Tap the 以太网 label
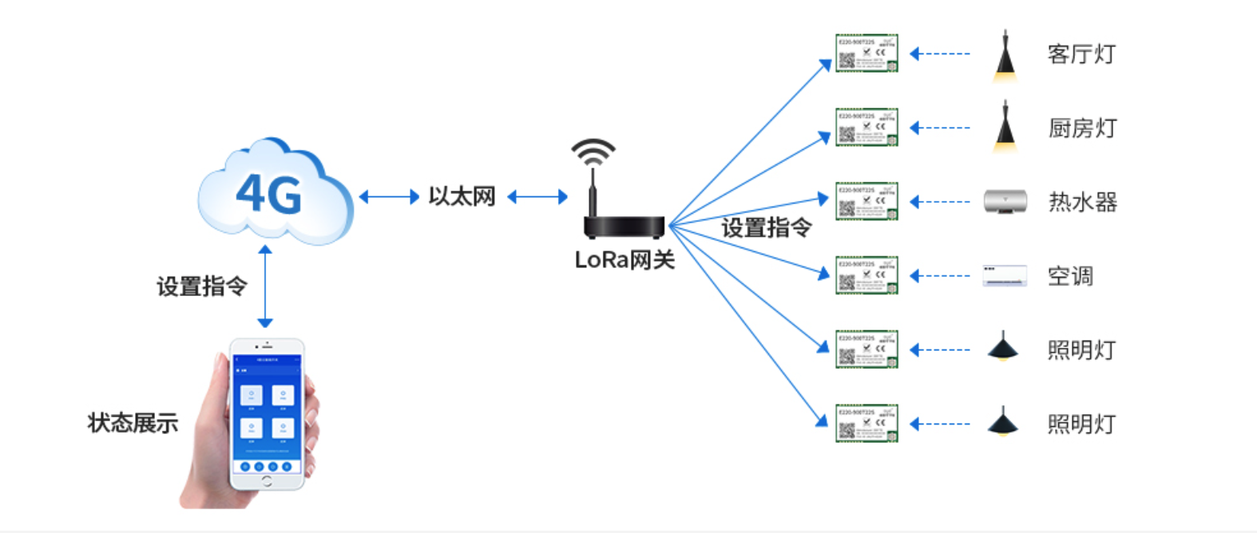(x=462, y=196)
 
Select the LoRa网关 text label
(x=625, y=260)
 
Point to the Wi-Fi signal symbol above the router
(x=593, y=151)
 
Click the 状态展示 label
(x=133, y=423)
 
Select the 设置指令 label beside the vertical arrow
(x=201, y=286)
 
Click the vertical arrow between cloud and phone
(x=265, y=286)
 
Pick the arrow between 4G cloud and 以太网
(x=389, y=196)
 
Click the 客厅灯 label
(x=1081, y=54)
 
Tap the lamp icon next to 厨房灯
(x=1005, y=128)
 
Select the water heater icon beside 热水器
(x=1005, y=202)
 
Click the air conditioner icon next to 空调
(x=1005, y=276)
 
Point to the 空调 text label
(x=1070, y=276)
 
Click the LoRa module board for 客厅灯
(x=866, y=53)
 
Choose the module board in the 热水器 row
(x=866, y=201)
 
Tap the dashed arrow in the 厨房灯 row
(x=940, y=128)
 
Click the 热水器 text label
(x=1082, y=202)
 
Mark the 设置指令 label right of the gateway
(x=766, y=228)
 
